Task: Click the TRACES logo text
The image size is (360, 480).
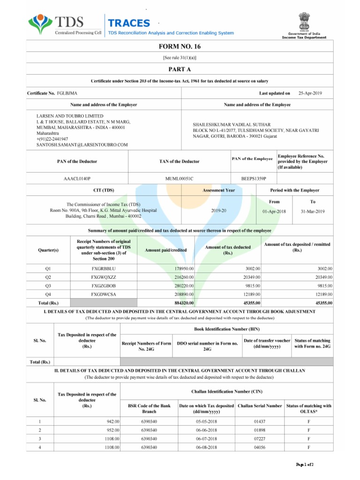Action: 129,23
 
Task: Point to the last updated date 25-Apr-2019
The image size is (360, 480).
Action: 310,94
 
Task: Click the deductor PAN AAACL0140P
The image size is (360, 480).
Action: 77,179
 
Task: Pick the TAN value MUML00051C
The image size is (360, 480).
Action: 179,179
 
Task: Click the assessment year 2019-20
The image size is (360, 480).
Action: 218,211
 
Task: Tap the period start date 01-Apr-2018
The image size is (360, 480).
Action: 275,211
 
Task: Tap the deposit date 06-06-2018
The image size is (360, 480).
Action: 206,430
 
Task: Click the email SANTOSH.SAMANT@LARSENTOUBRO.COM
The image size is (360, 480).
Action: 82,145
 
